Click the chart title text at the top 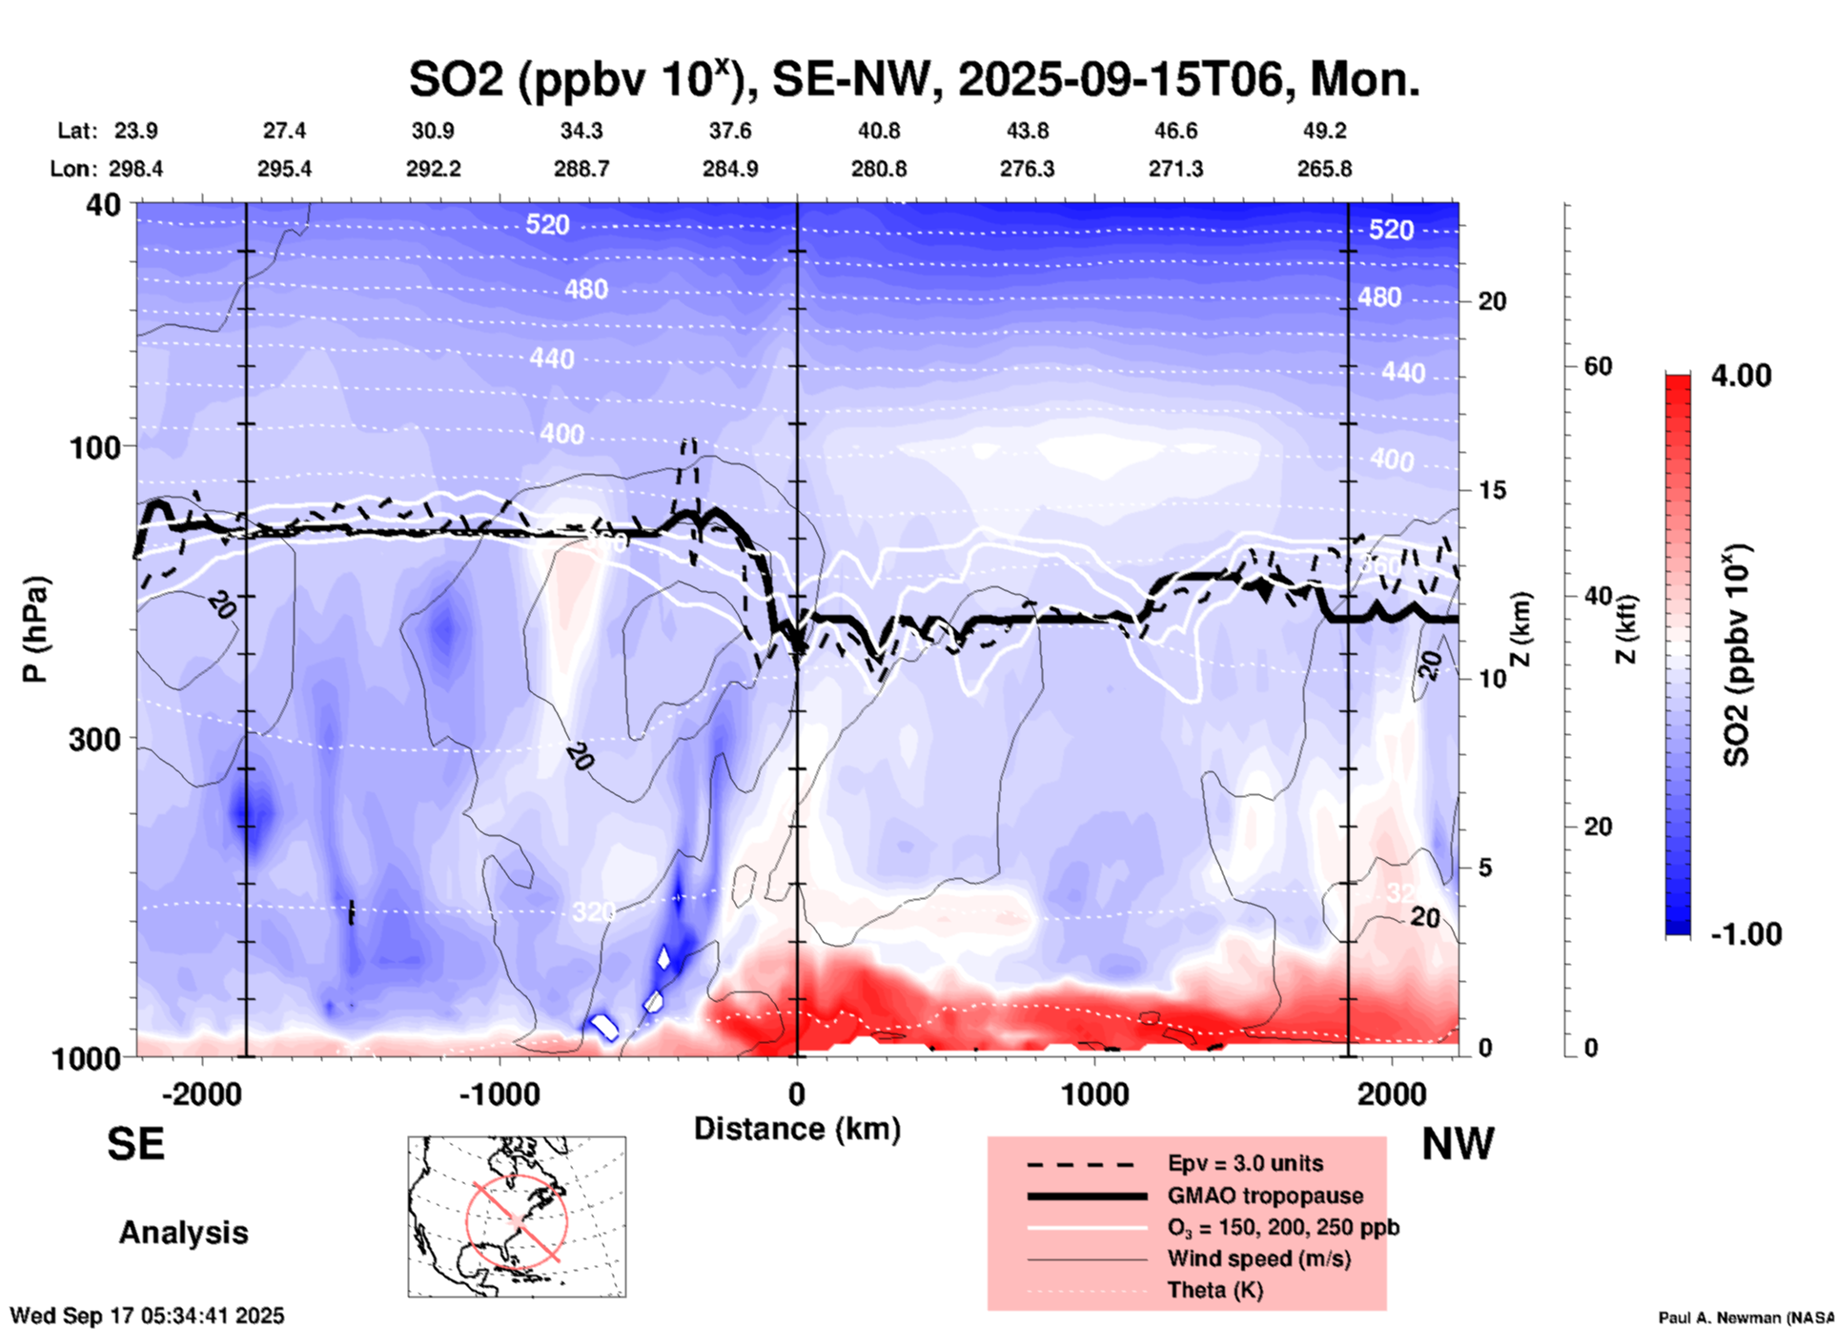pyautogui.click(x=913, y=79)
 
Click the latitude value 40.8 pyautogui.click(x=878, y=131)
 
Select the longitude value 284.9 pyautogui.click(x=730, y=169)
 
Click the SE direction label pyautogui.click(x=135, y=1143)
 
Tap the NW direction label pyautogui.click(x=1457, y=1143)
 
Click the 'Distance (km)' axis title pyautogui.click(x=797, y=1129)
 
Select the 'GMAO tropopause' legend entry pyautogui.click(x=1265, y=1196)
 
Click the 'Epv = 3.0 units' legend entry pyautogui.click(x=1245, y=1163)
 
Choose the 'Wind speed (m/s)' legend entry pyautogui.click(x=1258, y=1258)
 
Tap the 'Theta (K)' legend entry pyautogui.click(x=1214, y=1290)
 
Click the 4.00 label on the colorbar pyautogui.click(x=1741, y=375)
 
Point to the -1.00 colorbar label pyautogui.click(x=1745, y=933)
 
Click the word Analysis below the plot pyautogui.click(x=183, y=1232)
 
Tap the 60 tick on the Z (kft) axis pyautogui.click(x=1597, y=366)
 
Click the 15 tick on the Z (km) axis pyautogui.click(x=1492, y=490)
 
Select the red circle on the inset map pyautogui.click(x=516, y=1219)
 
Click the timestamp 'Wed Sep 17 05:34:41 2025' pyautogui.click(x=147, y=1316)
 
